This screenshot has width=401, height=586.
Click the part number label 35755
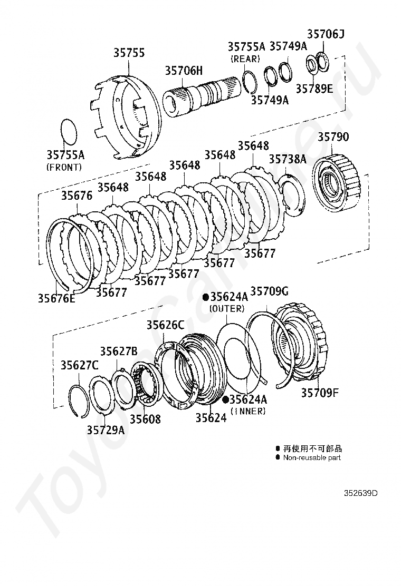coord(129,53)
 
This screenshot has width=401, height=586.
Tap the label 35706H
coord(183,71)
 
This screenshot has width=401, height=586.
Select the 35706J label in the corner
coord(326,35)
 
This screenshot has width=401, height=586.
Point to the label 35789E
coord(314,89)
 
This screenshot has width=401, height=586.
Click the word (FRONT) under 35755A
coord(64,167)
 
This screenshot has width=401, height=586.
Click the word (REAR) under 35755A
coord(245,58)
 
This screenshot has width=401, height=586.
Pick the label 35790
coord(333,138)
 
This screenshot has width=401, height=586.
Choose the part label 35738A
coord(288,159)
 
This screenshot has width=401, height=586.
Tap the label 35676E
coord(56,298)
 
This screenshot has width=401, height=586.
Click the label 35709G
coord(269,291)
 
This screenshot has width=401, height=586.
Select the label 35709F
coord(320,393)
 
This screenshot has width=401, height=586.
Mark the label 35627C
coord(79,365)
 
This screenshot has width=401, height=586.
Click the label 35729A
coord(106,430)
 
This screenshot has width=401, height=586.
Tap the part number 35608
coord(145,419)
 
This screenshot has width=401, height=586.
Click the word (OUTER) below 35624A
coord(227,308)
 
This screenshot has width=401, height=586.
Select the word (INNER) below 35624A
coord(248,411)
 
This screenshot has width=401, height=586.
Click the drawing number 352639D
coord(361,493)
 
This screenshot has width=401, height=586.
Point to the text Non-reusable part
coord(312,458)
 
